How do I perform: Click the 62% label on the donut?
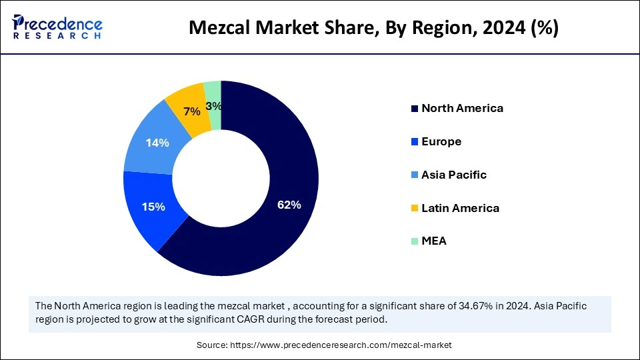(x=289, y=205)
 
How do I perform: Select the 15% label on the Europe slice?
(x=153, y=207)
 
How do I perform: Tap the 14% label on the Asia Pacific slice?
(x=157, y=143)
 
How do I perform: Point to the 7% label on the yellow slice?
(x=191, y=111)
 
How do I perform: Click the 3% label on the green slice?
(x=214, y=106)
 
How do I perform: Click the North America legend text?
(x=462, y=108)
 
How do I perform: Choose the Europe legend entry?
(x=441, y=141)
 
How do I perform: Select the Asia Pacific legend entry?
(x=454, y=175)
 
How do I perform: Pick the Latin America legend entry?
(x=460, y=208)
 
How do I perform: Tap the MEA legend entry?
(x=434, y=241)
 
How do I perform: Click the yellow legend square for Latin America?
(x=415, y=209)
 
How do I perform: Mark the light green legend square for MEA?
(x=415, y=241)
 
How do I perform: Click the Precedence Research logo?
(x=57, y=27)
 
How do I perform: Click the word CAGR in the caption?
(x=235, y=319)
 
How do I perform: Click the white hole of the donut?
(x=221, y=179)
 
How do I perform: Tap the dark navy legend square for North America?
(x=415, y=109)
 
